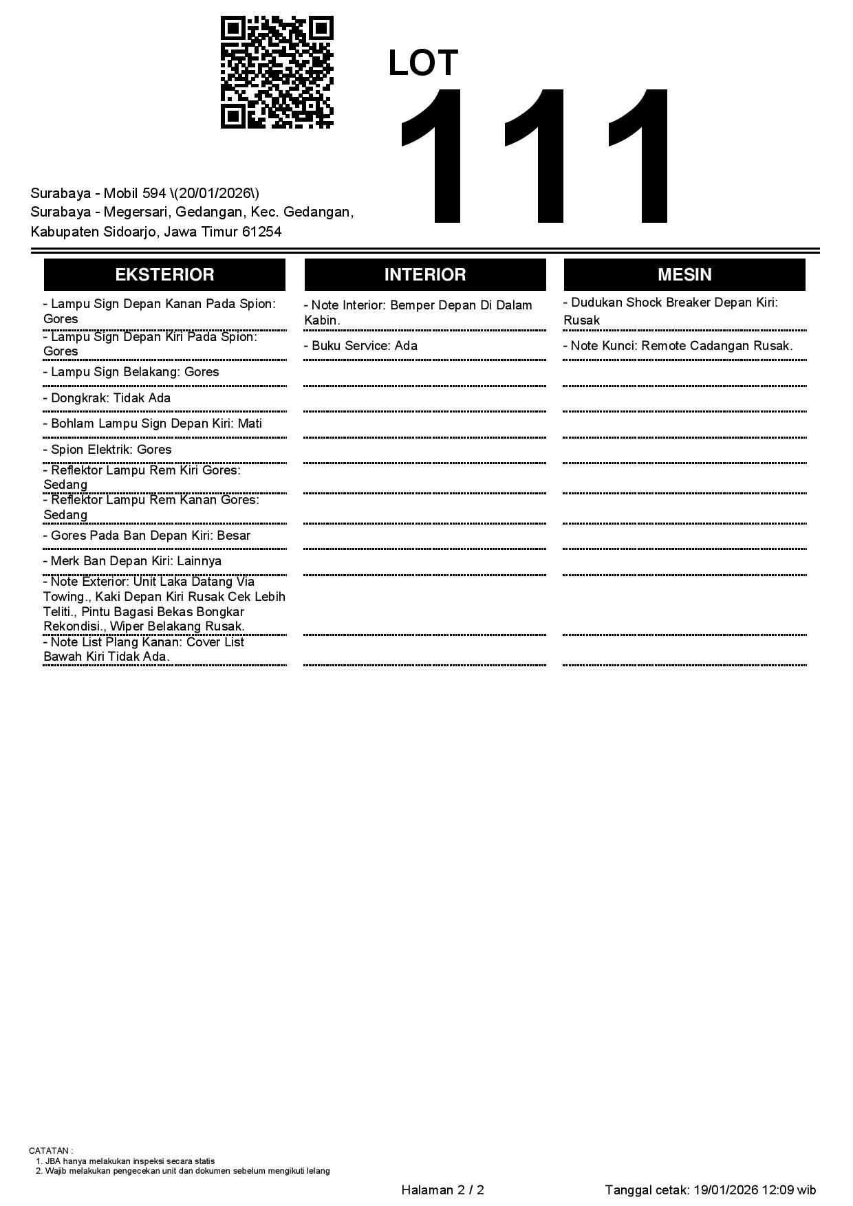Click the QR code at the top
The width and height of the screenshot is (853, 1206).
coord(277,72)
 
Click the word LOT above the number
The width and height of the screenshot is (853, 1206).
coord(422,63)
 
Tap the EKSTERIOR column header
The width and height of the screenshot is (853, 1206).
coord(164,275)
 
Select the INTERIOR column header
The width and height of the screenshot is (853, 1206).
coord(424,275)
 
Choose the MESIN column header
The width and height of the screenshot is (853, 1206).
coord(684,275)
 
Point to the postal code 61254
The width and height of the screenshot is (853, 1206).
coord(261,232)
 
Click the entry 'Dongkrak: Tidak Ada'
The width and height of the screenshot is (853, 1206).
coord(107,398)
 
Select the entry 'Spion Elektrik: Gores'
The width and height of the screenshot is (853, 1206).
coord(107,450)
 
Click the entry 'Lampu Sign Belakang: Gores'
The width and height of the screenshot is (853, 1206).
coord(131,372)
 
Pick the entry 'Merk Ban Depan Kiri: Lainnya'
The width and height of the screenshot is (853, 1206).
coord(132,561)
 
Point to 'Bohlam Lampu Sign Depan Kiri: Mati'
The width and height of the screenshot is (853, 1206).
coord(153,424)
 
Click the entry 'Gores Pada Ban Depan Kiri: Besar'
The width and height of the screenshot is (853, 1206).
coord(147,536)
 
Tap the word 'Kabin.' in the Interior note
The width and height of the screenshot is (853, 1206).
coord(322,320)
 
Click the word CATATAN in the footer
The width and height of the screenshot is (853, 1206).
coord(50,1150)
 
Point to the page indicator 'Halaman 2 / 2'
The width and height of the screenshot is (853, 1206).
coord(442,1190)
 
